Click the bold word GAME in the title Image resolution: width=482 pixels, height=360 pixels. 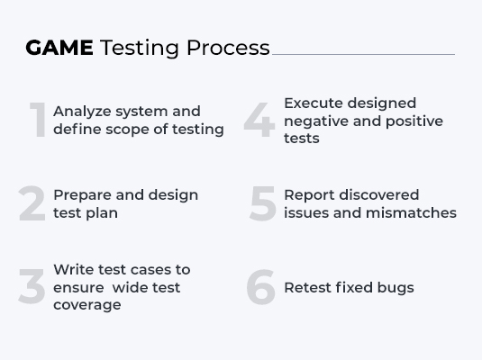tap(59, 48)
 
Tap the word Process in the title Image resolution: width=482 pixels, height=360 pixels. tap(228, 48)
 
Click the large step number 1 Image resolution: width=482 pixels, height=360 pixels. tap(37, 121)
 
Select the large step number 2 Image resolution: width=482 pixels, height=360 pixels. tap(32, 204)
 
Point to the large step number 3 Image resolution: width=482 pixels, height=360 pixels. tap(32, 287)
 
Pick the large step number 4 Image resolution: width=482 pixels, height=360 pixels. tap(259, 121)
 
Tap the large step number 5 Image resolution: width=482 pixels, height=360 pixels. tap(262, 204)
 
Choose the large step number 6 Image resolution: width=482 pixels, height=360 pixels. tap(260, 287)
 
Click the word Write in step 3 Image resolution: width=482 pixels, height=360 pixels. tap(73, 269)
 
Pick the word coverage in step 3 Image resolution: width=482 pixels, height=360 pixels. tap(86, 305)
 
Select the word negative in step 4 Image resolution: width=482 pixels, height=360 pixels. tap(316, 121)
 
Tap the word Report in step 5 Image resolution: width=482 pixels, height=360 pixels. tap(308, 194)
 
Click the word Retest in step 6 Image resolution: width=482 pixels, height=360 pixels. tap(308, 288)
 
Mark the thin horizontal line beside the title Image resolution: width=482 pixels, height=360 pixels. tap(363, 54)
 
